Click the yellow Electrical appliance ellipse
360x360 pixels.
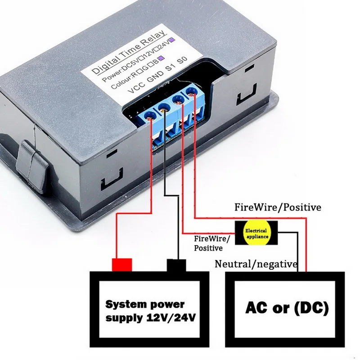pyautogui.click(x=256, y=233)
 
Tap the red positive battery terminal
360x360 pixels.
pyautogui.click(x=122, y=264)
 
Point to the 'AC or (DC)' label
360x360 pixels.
pyautogui.click(x=287, y=308)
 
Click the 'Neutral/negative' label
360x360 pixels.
pyautogui.click(x=256, y=264)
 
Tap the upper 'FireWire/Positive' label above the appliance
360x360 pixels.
pyautogui.click(x=278, y=207)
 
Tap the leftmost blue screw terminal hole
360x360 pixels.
pyautogui.click(x=150, y=115)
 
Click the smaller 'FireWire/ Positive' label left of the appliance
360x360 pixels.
pyautogui.click(x=211, y=243)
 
